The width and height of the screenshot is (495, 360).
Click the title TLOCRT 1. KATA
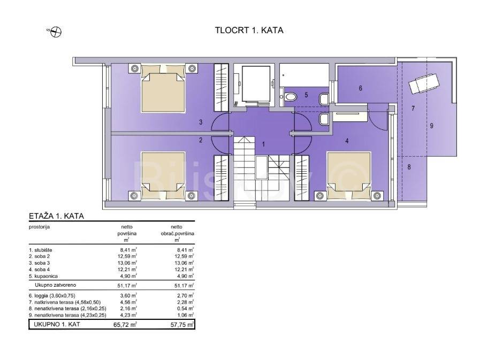click(x=249, y=30)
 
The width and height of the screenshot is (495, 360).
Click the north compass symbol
click(x=56, y=32)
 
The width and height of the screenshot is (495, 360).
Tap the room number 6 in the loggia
click(x=361, y=88)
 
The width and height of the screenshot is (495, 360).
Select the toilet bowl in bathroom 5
click(x=290, y=96)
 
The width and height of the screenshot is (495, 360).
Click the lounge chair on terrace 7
click(x=423, y=83)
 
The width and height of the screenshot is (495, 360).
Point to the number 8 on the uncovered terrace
click(x=409, y=167)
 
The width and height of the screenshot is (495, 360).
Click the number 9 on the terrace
click(x=431, y=126)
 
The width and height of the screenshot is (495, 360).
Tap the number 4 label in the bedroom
click(x=347, y=141)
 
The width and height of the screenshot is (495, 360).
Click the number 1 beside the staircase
click(x=264, y=144)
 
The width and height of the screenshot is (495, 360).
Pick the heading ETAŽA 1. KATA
click(x=57, y=217)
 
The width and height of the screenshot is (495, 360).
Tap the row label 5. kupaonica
click(x=43, y=276)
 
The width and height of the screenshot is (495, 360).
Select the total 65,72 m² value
click(x=125, y=324)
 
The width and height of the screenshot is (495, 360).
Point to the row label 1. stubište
click(x=41, y=250)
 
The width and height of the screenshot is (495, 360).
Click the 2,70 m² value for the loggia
click(x=186, y=296)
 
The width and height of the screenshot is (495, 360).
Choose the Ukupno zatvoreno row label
click(x=56, y=285)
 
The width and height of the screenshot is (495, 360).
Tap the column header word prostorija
click(x=39, y=227)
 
